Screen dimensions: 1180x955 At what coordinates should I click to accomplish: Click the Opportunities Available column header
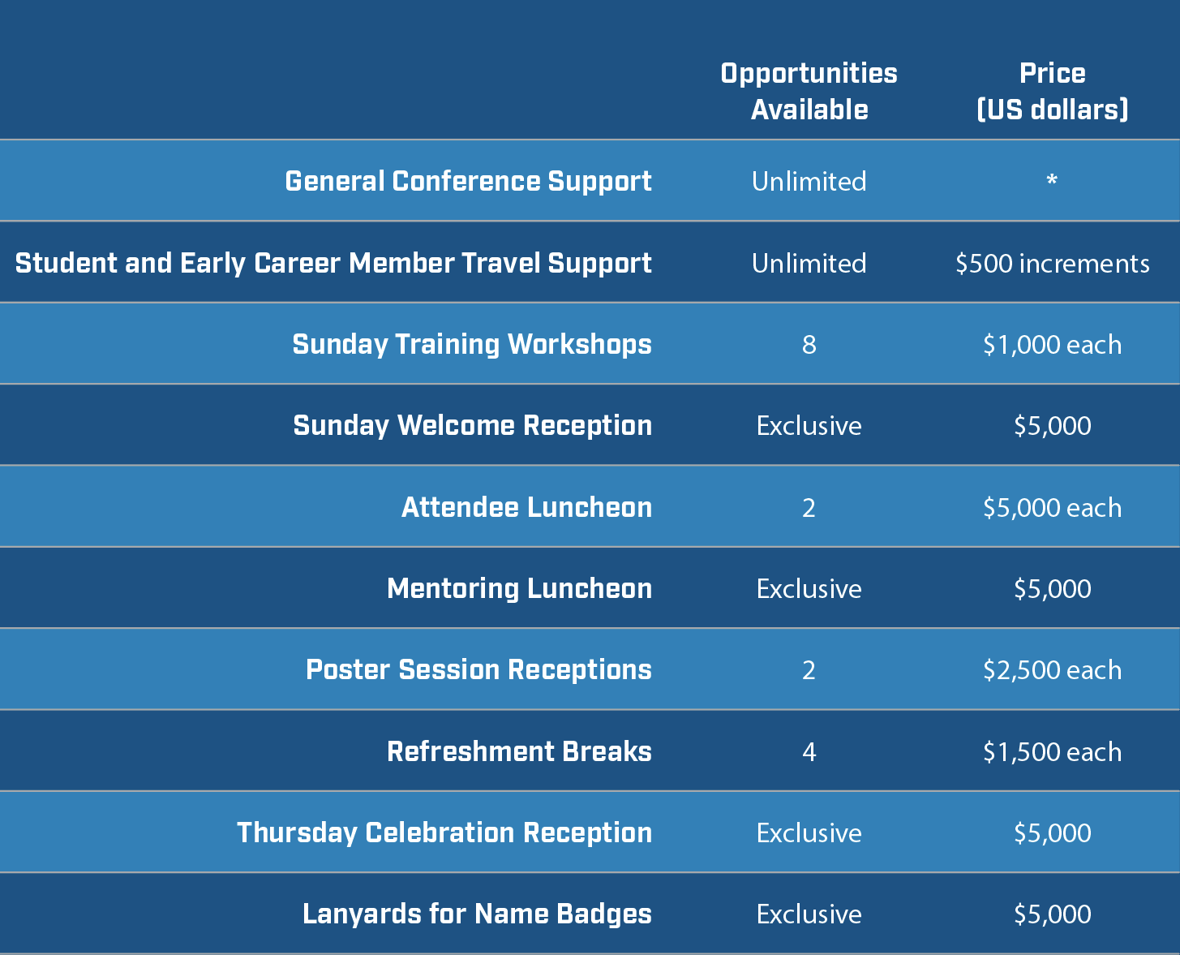pyautogui.click(x=809, y=92)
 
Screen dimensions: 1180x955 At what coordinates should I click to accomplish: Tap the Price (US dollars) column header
pyautogui.click(x=1052, y=92)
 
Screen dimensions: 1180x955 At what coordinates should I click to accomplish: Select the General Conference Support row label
pyautogui.click(x=468, y=182)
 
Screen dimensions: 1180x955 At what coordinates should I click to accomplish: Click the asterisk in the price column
pyautogui.click(x=1052, y=179)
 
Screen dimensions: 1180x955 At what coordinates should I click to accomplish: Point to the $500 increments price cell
pyautogui.click(x=1052, y=263)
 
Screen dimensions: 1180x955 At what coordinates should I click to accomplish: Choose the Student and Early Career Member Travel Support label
pyautogui.click(x=333, y=264)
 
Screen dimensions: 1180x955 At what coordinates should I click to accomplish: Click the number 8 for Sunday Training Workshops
pyautogui.click(x=809, y=345)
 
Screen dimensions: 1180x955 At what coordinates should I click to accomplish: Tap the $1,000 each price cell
pyautogui.click(x=1052, y=345)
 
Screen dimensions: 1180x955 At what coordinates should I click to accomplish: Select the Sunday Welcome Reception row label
pyautogui.click(x=473, y=426)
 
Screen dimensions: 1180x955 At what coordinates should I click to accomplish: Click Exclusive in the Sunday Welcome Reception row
pyautogui.click(x=809, y=426)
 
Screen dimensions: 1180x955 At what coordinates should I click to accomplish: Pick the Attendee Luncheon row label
pyautogui.click(x=526, y=508)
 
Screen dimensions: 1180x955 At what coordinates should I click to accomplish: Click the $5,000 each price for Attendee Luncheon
pyautogui.click(x=1052, y=508)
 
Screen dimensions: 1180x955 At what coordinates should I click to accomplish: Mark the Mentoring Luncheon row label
pyautogui.click(x=519, y=589)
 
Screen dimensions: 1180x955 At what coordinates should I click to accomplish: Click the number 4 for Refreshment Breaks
pyautogui.click(x=809, y=752)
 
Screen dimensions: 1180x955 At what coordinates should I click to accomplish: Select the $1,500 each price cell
pyautogui.click(x=1052, y=752)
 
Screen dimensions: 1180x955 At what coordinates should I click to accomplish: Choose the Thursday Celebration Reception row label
pyautogui.click(x=444, y=833)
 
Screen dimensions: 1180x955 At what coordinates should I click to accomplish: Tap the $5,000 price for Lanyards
pyautogui.click(x=1052, y=914)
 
